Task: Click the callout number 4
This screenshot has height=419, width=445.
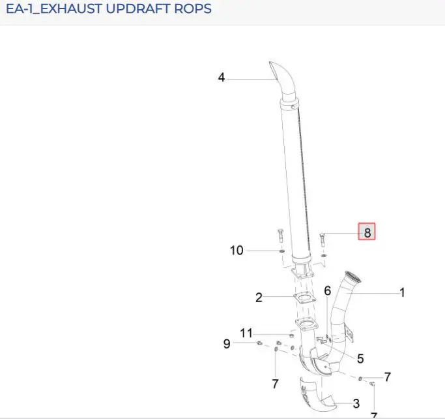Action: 222,77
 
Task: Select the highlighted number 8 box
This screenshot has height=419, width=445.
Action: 367,232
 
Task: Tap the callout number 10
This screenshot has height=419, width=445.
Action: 237,251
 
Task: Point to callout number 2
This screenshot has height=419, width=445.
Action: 259,298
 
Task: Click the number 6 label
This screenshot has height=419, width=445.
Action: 328,290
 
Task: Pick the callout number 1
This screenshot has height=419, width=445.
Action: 402,292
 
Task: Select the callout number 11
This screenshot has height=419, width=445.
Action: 246,333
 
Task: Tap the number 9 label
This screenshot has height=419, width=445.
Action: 227,344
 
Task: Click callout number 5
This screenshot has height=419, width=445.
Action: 360,358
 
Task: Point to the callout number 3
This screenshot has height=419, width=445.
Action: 356,403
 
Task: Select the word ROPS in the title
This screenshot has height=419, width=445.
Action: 193,8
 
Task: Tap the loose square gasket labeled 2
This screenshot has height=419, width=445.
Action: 304,298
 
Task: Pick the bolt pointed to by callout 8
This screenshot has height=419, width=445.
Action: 322,240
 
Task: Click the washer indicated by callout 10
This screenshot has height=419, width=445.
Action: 282,251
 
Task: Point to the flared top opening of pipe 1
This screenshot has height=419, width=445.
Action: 352,277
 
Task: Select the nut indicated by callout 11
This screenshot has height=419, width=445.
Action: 291,335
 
